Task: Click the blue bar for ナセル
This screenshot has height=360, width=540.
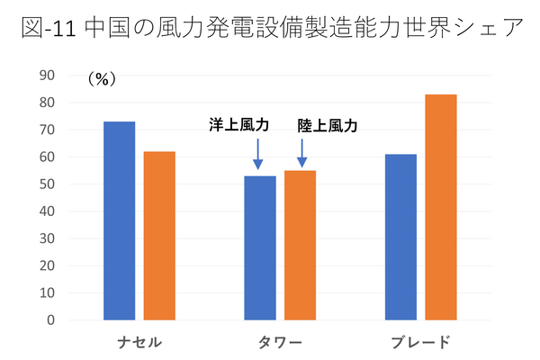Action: [119, 220]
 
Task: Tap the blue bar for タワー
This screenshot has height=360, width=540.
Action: [259, 247]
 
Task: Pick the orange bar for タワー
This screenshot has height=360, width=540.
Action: [300, 245]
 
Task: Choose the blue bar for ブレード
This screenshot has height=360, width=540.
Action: [400, 237]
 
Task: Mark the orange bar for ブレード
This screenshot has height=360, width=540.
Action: [441, 207]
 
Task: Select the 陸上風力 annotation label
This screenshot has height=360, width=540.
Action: [328, 126]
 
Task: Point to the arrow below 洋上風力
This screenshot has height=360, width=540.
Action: [258, 153]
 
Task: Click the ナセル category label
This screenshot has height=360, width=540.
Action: [139, 342]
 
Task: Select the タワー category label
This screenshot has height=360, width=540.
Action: [280, 342]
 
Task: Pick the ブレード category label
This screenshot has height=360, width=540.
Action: [420, 342]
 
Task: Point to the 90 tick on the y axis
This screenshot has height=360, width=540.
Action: [47, 76]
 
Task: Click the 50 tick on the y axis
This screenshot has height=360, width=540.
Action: [47, 184]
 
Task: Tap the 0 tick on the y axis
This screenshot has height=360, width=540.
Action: [50, 319]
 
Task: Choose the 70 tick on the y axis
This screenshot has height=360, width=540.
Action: [47, 130]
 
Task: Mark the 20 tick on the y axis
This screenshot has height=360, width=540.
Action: [47, 265]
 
